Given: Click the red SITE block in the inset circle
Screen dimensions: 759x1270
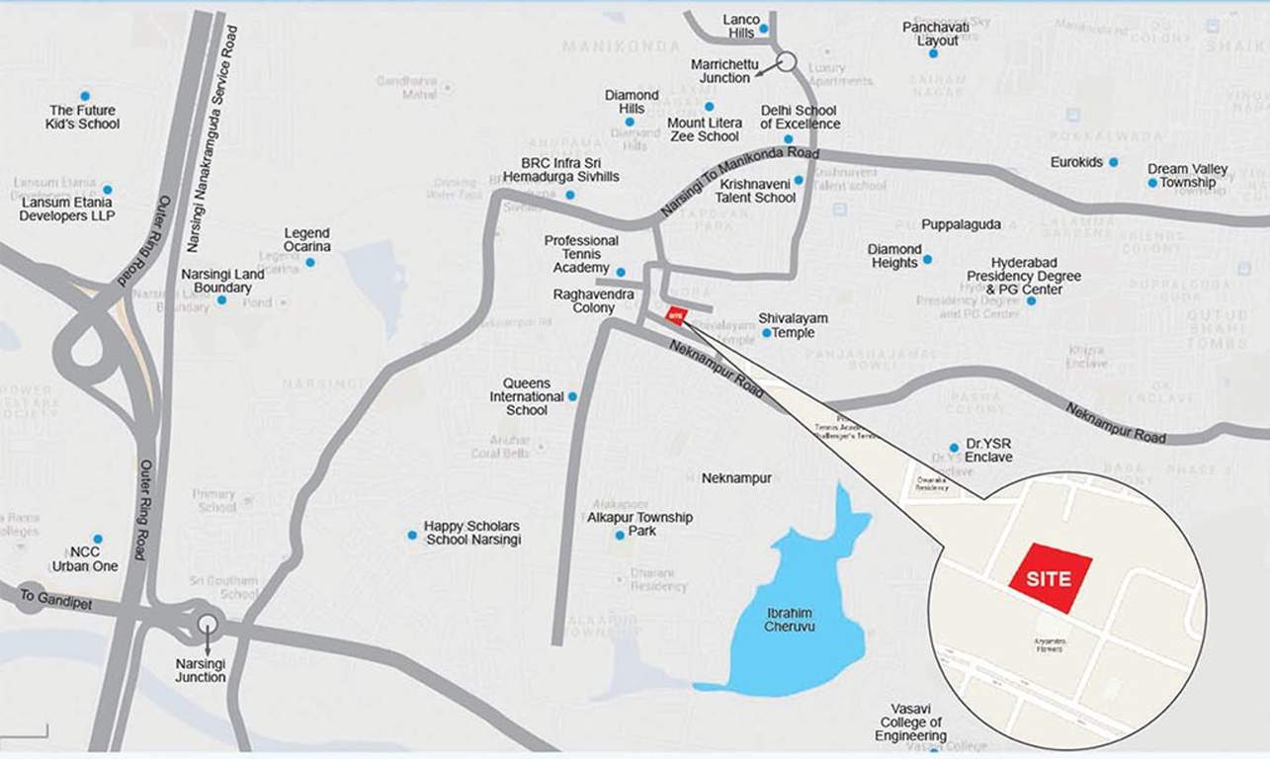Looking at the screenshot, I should [1050, 578].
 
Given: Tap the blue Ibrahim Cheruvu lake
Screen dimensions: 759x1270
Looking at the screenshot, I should [791, 623].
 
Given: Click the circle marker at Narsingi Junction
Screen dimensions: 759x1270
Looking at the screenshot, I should [207, 623].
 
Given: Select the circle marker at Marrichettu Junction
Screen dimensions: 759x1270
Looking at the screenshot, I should [786, 61].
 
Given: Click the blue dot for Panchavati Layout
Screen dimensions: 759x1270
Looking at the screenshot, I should [932, 53].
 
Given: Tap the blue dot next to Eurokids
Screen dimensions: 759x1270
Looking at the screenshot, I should [1113, 162].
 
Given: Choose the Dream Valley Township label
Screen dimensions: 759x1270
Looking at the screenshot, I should [1187, 176].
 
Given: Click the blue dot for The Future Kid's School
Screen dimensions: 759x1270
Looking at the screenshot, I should [84, 96].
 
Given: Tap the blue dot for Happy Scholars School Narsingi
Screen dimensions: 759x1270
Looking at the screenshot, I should [412, 535].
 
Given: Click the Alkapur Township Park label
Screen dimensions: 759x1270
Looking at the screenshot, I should [639, 524].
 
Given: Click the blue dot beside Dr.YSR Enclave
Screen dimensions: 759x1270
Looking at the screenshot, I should [954, 448].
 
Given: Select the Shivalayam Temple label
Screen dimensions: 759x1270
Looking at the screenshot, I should [793, 325].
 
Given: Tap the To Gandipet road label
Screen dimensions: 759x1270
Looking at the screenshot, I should [55, 599].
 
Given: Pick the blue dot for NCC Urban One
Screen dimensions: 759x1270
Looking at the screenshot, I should [97, 540].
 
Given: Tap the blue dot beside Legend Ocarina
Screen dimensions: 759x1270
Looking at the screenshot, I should [309, 262].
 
